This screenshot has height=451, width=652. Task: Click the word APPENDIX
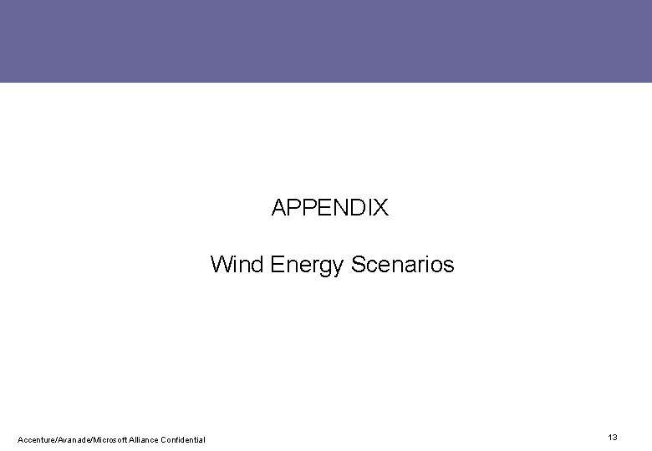330,208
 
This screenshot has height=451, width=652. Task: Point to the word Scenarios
402,265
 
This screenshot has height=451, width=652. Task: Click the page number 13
613,438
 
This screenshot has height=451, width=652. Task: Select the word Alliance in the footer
147,439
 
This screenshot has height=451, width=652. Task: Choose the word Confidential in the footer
185,439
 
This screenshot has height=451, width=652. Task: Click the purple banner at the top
326,41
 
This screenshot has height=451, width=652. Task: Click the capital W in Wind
221,265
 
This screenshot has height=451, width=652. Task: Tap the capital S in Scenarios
358,265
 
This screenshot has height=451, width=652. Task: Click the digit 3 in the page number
615,438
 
